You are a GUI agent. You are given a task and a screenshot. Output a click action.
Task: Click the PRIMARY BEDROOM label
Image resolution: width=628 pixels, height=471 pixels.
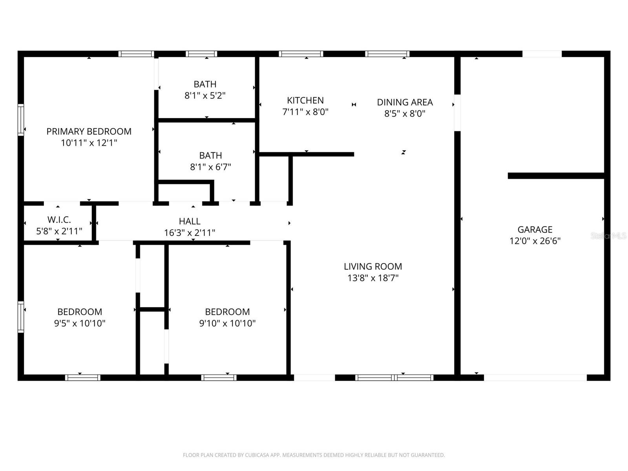click(89, 131)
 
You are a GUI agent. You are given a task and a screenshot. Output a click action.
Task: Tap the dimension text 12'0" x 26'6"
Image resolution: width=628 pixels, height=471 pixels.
click(535, 241)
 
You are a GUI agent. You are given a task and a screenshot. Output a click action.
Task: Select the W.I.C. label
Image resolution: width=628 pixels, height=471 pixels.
click(59, 220)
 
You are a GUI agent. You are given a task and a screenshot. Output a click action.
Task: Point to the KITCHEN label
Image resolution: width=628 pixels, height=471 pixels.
click(305, 100)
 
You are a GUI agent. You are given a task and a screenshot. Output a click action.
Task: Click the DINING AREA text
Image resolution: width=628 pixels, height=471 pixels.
click(405, 102)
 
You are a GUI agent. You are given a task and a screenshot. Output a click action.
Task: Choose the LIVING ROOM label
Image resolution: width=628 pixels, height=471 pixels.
click(372, 267)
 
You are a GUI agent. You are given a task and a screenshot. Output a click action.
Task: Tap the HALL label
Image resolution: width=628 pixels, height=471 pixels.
click(190, 221)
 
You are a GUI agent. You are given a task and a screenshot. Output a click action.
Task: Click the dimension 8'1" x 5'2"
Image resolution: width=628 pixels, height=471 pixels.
click(205, 95)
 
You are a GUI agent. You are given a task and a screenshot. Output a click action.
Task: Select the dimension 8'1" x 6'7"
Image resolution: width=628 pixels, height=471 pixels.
click(210, 167)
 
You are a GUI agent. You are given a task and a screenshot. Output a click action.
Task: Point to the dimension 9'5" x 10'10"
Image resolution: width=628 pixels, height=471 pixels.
click(80, 323)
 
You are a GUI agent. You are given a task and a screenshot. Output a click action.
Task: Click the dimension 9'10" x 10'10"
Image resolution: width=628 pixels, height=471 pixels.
click(227, 323)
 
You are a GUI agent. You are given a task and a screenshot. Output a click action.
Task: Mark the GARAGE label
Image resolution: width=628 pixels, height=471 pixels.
click(535, 230)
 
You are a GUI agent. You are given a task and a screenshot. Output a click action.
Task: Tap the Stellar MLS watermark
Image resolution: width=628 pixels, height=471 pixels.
click(608, 236)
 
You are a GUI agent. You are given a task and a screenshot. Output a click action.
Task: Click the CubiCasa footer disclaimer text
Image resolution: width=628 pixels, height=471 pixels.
click(314, 455)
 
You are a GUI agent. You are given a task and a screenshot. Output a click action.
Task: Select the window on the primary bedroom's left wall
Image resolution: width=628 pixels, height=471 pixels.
click(21, 120)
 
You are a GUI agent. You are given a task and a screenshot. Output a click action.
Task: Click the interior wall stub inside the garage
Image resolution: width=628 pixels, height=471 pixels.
click(555, 176)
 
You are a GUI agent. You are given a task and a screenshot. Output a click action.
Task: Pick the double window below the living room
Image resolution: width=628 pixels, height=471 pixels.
click(394, 378)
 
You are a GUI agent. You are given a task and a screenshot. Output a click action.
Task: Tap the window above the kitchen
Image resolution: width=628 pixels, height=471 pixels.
click(301, 54)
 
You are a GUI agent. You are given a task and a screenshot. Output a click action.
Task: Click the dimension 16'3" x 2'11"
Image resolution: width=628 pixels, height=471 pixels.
click(190, 233)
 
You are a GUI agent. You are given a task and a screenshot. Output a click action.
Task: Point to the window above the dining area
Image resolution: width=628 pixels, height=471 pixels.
click(387, 54)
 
